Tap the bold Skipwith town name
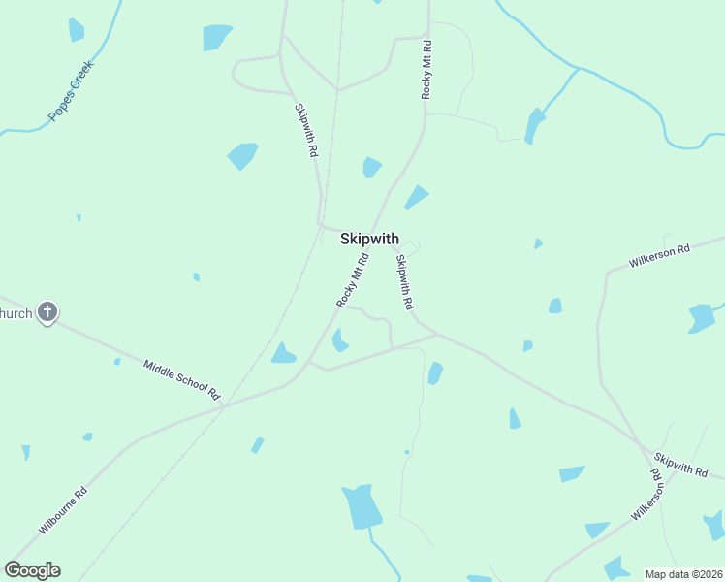click(x=369, y=238)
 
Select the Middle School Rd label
click(x=182, y=379)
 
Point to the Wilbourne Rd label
click(x=64, y=511)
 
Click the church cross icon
click(x=47, y=312)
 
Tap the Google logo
click(x=32, y=570)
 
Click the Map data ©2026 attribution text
click(x=682, y=574)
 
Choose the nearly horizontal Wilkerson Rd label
click(x=659, y=256)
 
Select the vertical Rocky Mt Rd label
click(x=426, y=70)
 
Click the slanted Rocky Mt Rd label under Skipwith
click(x=354, y=280)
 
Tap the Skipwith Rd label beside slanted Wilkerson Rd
click(x=680, y=465)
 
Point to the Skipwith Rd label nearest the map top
click(x=306, y=131)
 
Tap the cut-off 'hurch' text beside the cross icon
click(x=16, y=313)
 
